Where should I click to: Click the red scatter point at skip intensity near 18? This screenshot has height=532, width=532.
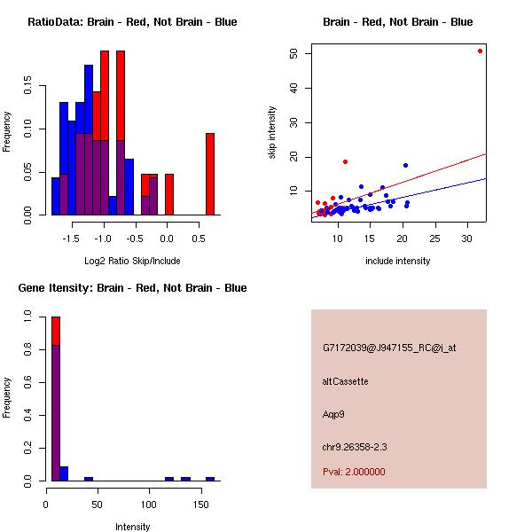coord(345,161)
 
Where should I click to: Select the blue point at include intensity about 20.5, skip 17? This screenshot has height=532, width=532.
coord(405,165)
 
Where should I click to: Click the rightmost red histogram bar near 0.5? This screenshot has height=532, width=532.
coord(210,174)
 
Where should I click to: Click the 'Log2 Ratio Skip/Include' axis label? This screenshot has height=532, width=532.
coord(132,260)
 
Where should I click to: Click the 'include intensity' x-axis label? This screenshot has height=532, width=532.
coord(398,261)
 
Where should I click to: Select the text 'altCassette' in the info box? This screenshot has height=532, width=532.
coord(346,381)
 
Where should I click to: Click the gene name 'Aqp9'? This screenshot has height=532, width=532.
coord(332,414)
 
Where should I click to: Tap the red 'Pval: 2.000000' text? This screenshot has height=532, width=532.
coord(354,472)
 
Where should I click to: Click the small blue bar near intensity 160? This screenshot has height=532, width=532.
coord(210,479)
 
